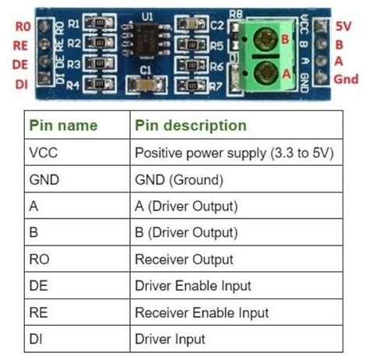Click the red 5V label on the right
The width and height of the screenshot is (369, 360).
click(344, 24)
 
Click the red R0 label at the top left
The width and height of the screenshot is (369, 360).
click(21, 25)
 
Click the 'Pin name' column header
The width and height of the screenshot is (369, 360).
click(64, 125)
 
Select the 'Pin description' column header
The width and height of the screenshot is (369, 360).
click(191, 125)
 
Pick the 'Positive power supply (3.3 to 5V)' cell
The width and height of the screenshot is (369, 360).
click(234, 153)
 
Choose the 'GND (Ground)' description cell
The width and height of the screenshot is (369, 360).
click(179, 179)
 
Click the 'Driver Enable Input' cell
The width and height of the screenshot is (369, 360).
click(193, 286)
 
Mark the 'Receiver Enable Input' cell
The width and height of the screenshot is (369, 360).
click(202, 312)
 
